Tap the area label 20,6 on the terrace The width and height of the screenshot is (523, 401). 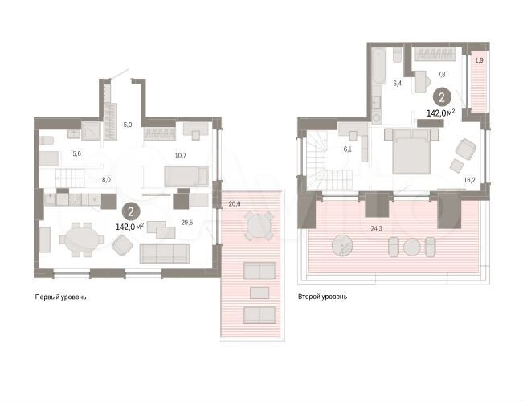[x=235, y=203]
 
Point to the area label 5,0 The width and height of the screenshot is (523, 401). [x=127, y=125]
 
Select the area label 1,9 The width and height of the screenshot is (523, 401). [x=479, y=60]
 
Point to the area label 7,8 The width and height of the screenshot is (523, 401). [x=440, y=74]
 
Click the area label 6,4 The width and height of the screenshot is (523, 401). [x=397, y=82]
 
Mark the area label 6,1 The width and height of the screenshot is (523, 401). [x=347, y=148]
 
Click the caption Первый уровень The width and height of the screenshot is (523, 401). [x=60, y=297]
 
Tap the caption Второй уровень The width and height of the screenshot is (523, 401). [x=322, y=297]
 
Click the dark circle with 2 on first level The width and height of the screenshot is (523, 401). [x=129, y=212]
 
